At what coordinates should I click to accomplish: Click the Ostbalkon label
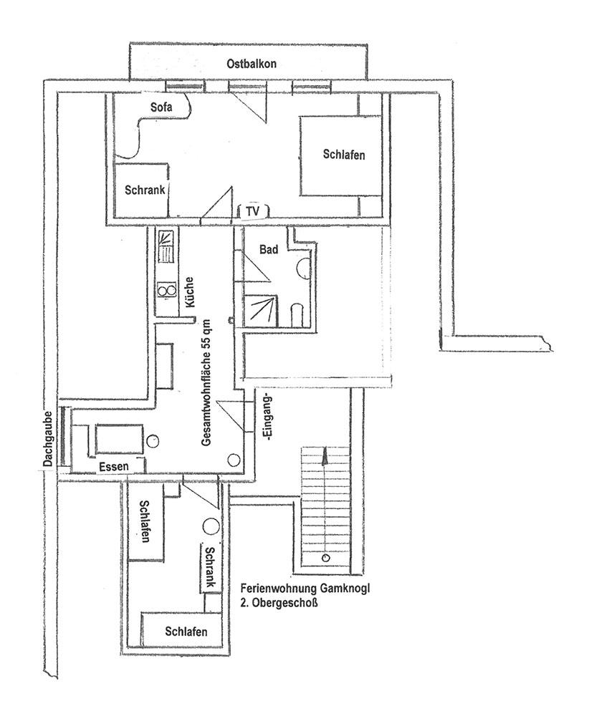click(x=252, y=64)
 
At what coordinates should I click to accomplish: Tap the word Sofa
click(x=161, y=107)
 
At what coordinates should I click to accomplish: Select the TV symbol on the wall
click(x=253, y=211)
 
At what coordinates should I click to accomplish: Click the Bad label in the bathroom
click(x=269, y=249)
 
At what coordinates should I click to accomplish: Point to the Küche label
click(x=189, y=292)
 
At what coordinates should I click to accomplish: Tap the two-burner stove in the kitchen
click(x=166, y=289)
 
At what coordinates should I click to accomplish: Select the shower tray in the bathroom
click(x=260, y=311)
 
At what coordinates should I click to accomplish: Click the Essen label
click(x=114, y=467)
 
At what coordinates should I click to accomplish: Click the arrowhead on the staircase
click(x=325, y=455)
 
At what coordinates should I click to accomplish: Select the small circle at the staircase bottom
click(x=325, y=558)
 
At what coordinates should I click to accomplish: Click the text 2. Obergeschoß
click(x=279, y=603)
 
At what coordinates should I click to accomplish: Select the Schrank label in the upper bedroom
click(x=145, y=190)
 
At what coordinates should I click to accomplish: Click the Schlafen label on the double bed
click(x=344, y=155)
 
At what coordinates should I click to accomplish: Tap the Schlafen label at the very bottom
click(x=186, y=632)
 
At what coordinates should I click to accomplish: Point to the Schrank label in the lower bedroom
click(x=210, y=567)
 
